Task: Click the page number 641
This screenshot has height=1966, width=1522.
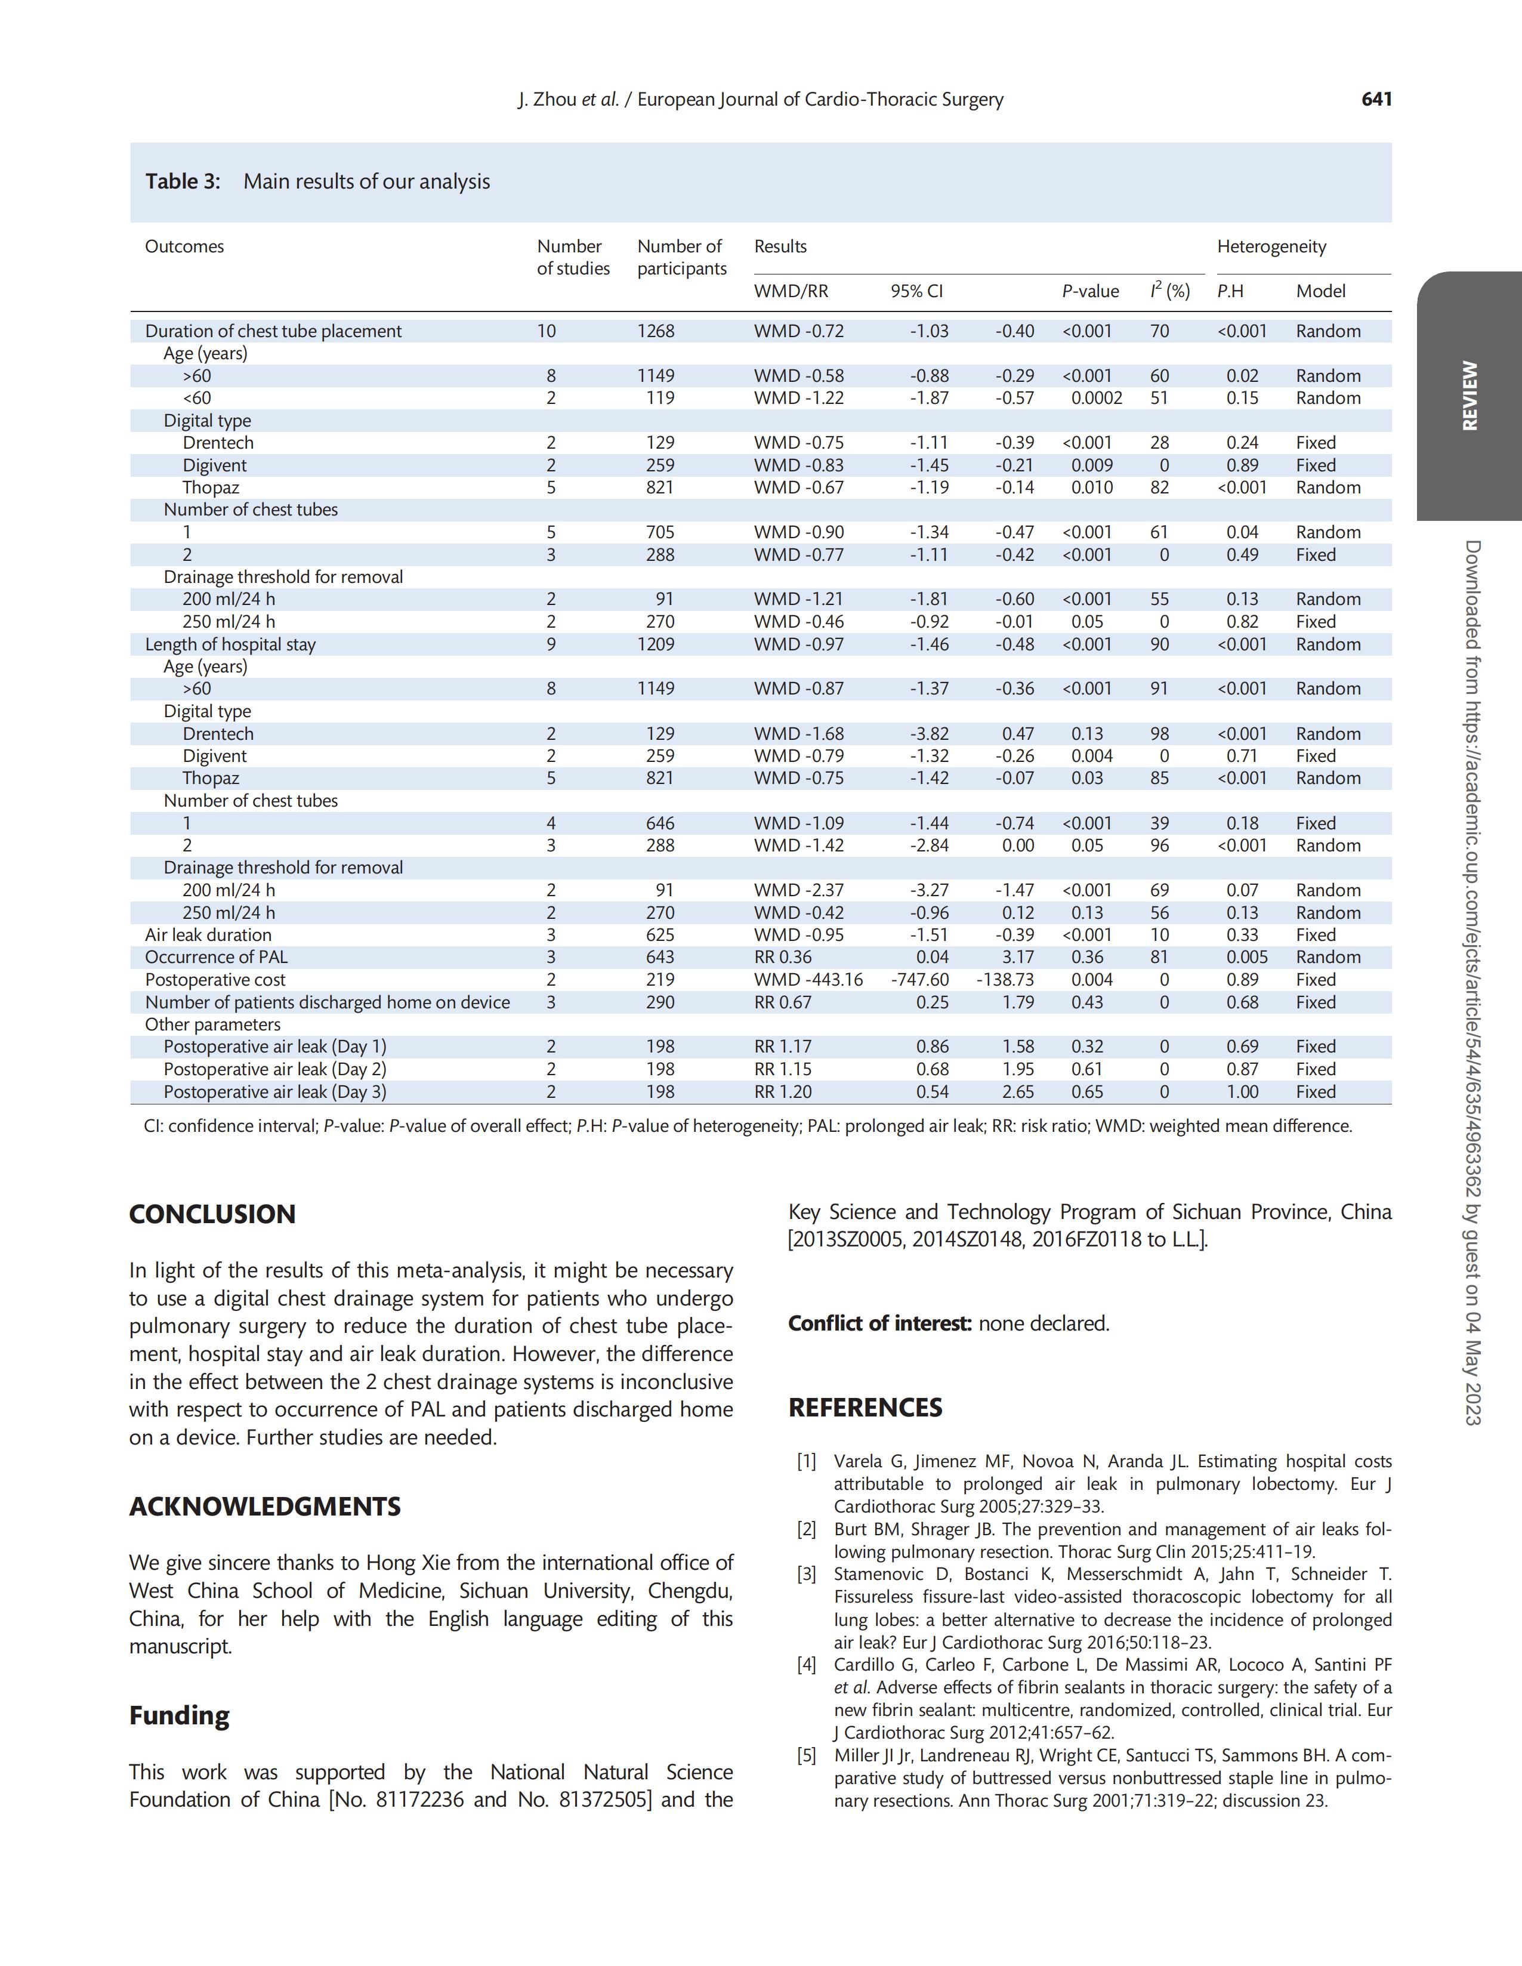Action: [x=1376, y=99]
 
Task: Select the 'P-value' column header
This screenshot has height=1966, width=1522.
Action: [x=1090, y=291]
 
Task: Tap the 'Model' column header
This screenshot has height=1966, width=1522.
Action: [x=1320, y=291]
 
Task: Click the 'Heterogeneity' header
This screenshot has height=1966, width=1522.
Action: [x=1271, y=246]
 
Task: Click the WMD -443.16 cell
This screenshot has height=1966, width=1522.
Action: [x=807, y=979]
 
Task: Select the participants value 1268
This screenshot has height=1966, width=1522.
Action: [x=655, y=331]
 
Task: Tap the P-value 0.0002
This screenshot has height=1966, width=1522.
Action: [x=1095, y=398]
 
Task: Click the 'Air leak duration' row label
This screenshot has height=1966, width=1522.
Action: [x=208, y=936]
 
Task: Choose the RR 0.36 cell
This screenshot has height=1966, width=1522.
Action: [x=782, y=957]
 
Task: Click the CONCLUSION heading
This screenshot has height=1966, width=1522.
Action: [x=212, y=1214]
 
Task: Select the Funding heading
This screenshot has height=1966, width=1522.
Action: [x=179, y=1715]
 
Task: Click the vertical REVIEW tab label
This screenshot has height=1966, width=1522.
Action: [x=1469, y=396]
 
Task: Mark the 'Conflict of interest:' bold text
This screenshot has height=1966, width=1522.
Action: [x=879, y=1323]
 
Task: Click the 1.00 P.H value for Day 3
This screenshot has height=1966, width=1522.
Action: [x=1242, y=1092]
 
